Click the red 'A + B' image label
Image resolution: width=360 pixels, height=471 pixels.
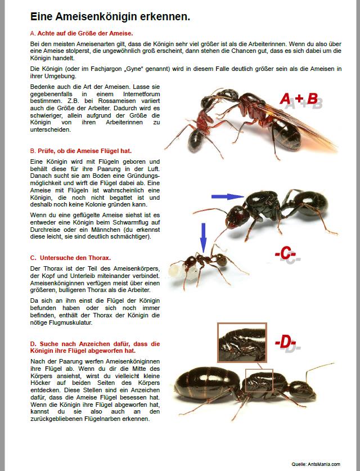[x=299, y=100]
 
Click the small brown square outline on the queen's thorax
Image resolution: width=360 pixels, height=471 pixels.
[x=259, y=380]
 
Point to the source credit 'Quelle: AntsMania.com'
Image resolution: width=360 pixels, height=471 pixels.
[x=316, y=464]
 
